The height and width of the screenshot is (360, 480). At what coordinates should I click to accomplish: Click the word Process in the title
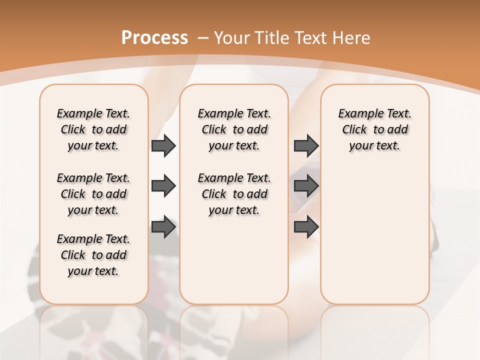[x=154, y=37]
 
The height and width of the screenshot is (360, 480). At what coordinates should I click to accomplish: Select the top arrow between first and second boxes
[x=163, y=145]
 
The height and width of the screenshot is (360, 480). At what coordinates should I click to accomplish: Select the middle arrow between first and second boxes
[x=163, y=186]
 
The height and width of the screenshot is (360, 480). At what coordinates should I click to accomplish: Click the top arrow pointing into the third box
[x=306, y=145]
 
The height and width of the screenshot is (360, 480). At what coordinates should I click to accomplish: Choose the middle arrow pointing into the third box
[x=306, y=186]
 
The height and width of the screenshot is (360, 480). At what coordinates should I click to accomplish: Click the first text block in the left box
[x=93, y=129]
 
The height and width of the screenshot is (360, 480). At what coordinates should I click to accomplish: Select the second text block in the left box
[x=93, y=194]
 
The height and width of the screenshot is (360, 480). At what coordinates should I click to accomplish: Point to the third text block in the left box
[x=93, y=255]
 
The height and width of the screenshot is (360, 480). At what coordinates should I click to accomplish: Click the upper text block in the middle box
[x=234, y=129]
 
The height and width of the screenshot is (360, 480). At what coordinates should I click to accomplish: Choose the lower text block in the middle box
[x=234, y=194]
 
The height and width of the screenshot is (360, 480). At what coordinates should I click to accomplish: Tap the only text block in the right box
[x=374, y=129]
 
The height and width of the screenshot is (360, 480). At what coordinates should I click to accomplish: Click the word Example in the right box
[x=356, y=114]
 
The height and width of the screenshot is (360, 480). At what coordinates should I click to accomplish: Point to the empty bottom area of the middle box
[x=234, y=265]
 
